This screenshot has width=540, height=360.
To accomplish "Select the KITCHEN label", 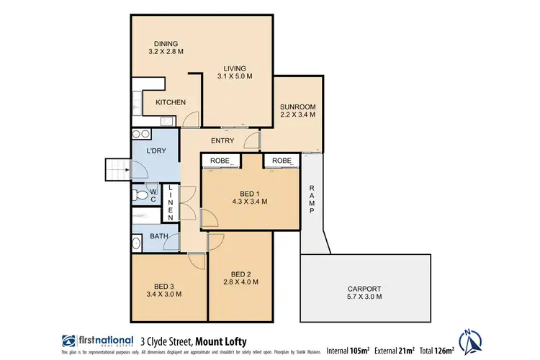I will pos(171,102).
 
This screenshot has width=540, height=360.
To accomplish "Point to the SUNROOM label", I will pos(297,107).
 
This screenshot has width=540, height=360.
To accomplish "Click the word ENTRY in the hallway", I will pos(225,140).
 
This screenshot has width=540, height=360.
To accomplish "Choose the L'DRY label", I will pos(156,150).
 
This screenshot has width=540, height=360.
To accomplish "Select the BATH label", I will pos(159,236).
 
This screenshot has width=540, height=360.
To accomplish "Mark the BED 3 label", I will pos(164,284).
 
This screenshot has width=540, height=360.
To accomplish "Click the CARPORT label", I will pos(364,287).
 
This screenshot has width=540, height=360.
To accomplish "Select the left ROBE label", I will pos(220,161).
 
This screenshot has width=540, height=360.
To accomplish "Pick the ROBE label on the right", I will pos(282,161).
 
